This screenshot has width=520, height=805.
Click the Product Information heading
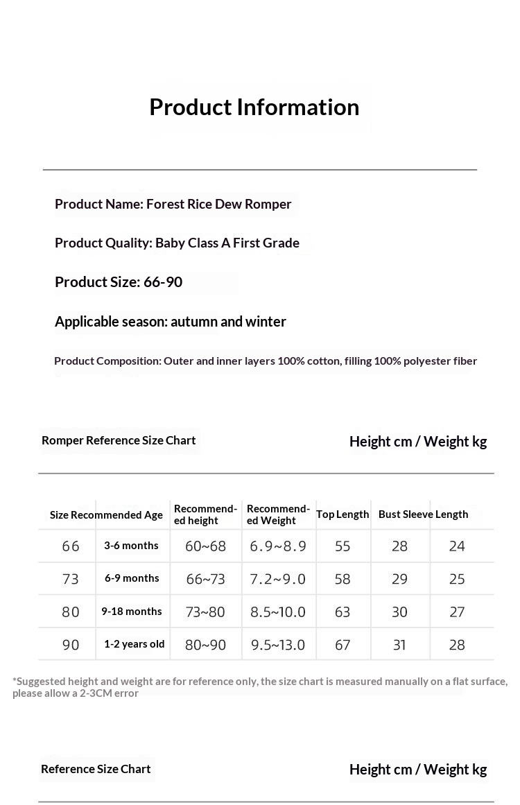click(x=254, y=107)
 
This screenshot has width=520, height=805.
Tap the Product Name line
click(x=173, y=204)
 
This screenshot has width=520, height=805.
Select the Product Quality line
click(x=177, y=243)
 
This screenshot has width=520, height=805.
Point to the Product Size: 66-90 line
click(x=119, y=282)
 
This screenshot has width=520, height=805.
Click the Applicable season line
click(x=171, y=322)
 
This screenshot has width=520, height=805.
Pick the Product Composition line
click(x=266, y=361)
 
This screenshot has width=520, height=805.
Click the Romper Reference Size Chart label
click(x=119, y=440)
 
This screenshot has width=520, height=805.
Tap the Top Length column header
click(x=343, y=514)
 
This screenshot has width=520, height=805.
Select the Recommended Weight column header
click(x=278, y=514)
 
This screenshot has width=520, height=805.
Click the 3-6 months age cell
click(x=132, y=546)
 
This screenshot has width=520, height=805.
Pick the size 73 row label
click(x=71, y=579)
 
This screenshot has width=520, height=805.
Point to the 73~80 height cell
click(x=205, y=612)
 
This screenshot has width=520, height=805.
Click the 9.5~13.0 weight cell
click(x=278, y=645)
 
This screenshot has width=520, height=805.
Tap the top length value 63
click(x=343, y=612)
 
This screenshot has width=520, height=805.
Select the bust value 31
click(x=399, y=645)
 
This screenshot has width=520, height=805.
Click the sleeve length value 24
click(x=457, y=546)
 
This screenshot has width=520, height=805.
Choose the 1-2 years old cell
click(x=135, y=644)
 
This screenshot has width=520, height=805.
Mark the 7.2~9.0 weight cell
click(x=278, y=579)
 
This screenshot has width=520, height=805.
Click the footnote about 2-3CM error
click(x=260, y=687)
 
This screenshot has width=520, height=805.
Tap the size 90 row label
click(x=71, y=645)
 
